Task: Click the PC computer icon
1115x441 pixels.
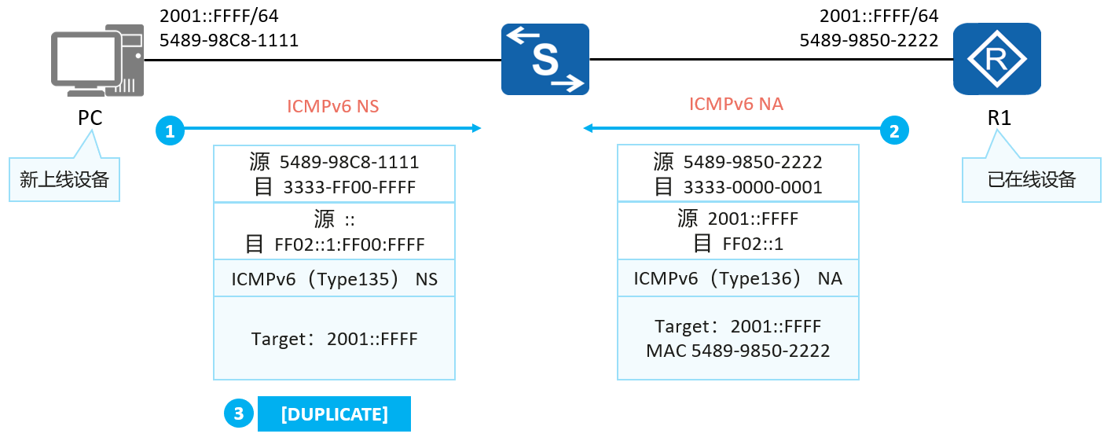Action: click(97, 61)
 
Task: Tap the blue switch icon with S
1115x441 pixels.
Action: click(545, 59)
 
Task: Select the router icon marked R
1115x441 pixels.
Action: click(997, 59)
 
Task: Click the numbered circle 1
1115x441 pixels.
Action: click(170, 130)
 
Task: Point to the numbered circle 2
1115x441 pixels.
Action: click(894, 130)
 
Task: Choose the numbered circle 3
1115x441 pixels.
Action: click(238, 413)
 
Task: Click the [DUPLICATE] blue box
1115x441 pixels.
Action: click(334, 413)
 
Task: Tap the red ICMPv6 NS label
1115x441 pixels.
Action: click(333, 106)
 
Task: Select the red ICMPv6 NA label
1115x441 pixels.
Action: click(736, 104)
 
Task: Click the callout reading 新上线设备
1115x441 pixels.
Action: click(64, 179)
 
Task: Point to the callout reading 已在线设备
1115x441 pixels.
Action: click(1032, 179)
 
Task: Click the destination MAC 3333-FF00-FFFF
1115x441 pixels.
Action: click(350, 187)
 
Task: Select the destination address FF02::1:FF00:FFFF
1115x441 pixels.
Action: click(350, 244)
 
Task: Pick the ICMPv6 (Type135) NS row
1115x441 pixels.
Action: click(334, 279)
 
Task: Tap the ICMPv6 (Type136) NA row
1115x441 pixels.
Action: click(738, 278)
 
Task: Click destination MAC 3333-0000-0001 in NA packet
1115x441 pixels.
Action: click(753, 187)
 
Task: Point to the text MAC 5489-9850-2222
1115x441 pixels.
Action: click(738, 351)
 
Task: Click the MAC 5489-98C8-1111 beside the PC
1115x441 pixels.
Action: click(229, 40)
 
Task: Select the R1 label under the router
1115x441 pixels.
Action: click(999, 117)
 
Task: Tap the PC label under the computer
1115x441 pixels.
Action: click(90, 117)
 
